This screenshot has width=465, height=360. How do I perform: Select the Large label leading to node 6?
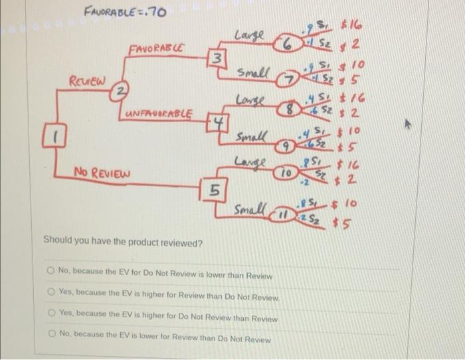point(250,35)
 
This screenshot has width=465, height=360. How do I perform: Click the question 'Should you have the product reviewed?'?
point(123,243)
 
